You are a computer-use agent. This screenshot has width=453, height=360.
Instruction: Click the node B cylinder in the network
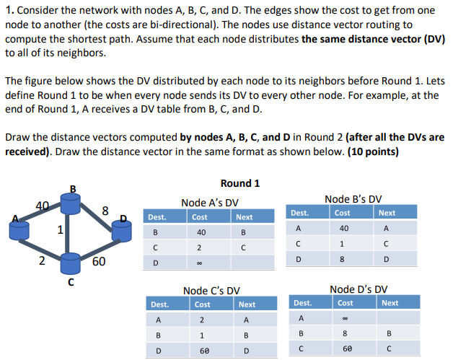[70, 203]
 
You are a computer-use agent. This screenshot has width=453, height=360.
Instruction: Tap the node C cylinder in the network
[70, 263]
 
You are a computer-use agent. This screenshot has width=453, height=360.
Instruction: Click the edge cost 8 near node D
[105, 211]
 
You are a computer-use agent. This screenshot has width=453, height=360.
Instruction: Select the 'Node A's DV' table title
[210, 203]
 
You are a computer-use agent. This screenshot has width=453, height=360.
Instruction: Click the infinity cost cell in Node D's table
[346, 317]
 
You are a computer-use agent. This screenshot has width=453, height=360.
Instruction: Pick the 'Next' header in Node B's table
[387, 213]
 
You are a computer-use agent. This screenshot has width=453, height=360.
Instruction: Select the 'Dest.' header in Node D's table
[303, 303]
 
